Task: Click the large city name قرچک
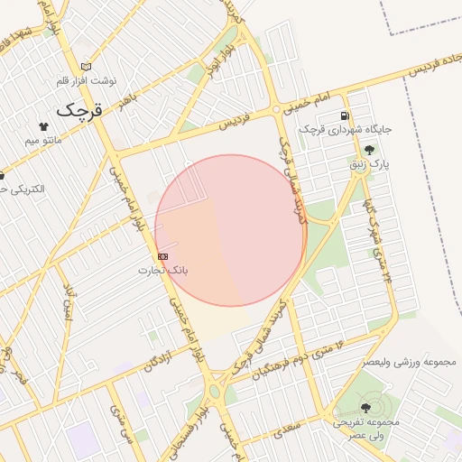click(x=79, y=110)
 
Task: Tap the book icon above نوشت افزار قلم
click(x=87, y=67)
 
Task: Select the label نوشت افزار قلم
click(x=87, y=81)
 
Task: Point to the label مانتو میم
click(x=43, y=141)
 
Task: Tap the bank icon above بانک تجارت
click(x=162, y=256)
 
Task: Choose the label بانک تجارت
click(x=163, y=270)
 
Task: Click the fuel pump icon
click(x=345, y=115)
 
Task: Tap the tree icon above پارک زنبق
click(x=369, y=151)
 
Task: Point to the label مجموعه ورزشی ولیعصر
click(x=411, y=361)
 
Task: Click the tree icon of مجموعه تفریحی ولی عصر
click(x=365, y=408)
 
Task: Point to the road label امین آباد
click(x=69, y=301)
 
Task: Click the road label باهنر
click(x=132, y=91)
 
